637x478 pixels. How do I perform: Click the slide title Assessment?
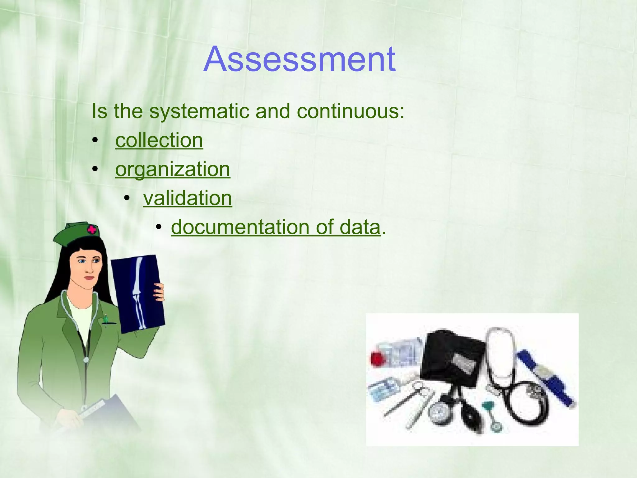click(x=299, y=59)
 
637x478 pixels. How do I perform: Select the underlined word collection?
click(x=159, y=140)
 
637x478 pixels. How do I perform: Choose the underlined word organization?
click(x=173, y=169)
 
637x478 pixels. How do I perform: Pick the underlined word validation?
click(x=188, y=198)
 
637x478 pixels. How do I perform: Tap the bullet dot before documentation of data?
click(x=159, y=227)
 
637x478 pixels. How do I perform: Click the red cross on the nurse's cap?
click(x=92, y=230)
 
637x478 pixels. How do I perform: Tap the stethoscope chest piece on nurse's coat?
click(x=86, y=360)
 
